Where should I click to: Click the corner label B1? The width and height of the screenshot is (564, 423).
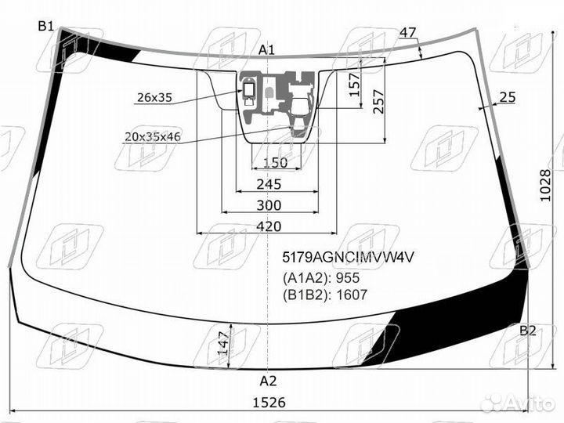[x=46, y=27]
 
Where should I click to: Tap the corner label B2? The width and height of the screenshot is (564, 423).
[x=528, y=331]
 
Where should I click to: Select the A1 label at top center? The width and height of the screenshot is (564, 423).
[x=266, y=50]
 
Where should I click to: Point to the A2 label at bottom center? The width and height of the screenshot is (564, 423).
[x=268, y=381]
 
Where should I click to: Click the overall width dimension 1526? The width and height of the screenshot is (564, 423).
[x=269, y=403]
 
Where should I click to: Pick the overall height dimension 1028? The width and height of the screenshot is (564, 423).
[x=545, y=186]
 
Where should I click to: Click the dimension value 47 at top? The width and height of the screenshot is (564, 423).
[x=408, y=33]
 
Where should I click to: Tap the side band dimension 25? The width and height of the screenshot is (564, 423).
[x=508, y=97]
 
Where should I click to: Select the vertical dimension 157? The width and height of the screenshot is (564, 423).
[x=355, y=85]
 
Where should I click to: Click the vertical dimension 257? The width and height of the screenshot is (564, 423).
[x=379, y=102]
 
